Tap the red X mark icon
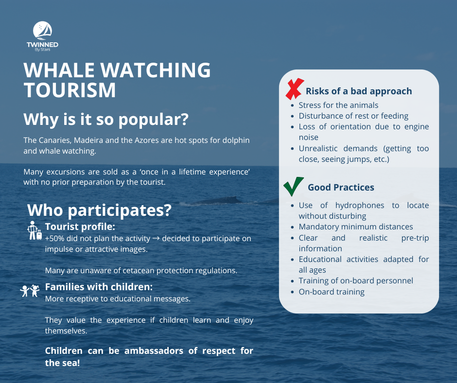point(295,89)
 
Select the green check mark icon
point(294,186)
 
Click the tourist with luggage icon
point(35,230)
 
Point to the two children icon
point(30,291)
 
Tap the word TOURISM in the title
point(70,90)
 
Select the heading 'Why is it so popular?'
point(106,119)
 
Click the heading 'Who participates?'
point(99,210)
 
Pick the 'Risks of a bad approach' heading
point(359,91)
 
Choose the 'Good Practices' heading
point(341,187)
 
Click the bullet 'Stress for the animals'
point(338,105)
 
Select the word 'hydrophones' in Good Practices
point(360,205)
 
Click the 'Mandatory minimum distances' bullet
point(356,226)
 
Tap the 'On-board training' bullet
point(332,292)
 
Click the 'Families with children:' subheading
point(99,287)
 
